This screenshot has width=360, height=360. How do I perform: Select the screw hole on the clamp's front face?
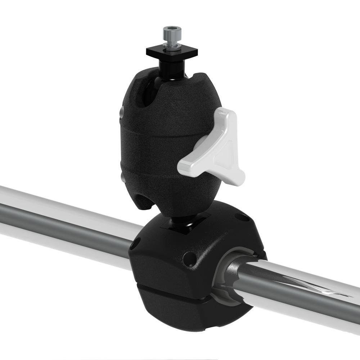tap(189, 258)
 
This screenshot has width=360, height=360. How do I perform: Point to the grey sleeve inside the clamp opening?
tap(223, 284)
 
